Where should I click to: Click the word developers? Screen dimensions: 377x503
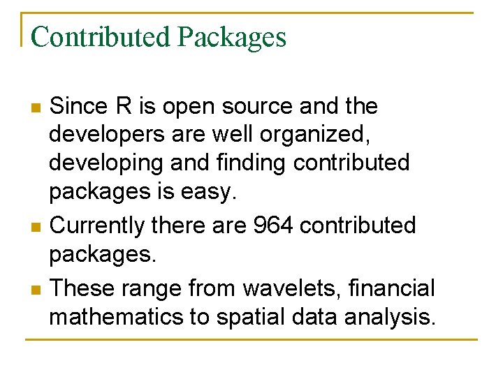click(105, 135)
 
